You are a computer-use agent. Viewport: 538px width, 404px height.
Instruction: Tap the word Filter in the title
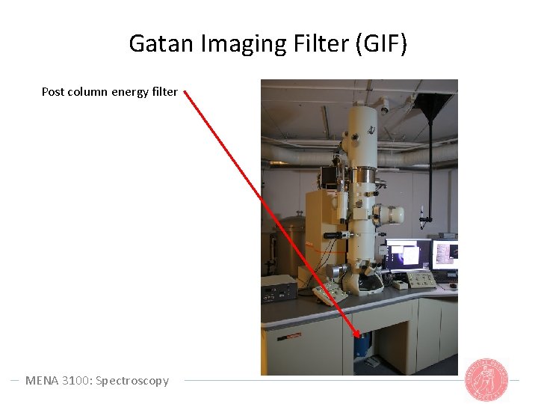tap(313, 44)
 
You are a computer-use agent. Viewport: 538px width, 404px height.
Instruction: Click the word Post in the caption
tap(53, 92)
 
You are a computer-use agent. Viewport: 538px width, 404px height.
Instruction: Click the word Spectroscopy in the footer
tap(132, 380)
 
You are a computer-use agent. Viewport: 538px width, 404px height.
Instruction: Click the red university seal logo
tap(486, 380)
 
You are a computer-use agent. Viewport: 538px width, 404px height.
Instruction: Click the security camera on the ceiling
tap(384, 108)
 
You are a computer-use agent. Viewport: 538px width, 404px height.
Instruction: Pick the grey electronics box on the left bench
tap(278, 290)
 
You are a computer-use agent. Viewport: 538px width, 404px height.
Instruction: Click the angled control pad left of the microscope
tap(330, 292)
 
